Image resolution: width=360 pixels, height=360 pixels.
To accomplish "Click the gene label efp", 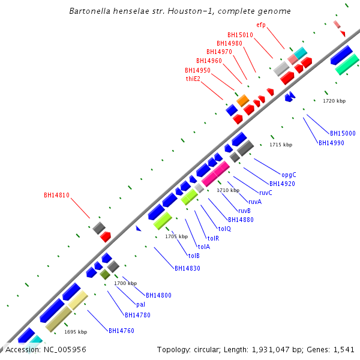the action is (260, 25).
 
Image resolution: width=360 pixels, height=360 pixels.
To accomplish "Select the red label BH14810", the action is (57, 195).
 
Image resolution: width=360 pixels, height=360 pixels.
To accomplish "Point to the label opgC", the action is (289, 175).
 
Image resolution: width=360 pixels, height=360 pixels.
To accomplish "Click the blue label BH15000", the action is (343, 133).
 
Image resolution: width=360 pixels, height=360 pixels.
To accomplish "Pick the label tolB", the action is (194, 256).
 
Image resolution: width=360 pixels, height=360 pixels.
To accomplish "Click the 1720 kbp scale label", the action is (334, 101).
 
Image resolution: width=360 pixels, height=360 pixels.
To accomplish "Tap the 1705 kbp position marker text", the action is (176, 236).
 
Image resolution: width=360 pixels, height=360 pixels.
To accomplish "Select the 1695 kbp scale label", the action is (76, 332).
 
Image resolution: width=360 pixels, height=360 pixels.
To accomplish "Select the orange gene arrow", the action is (242, 100).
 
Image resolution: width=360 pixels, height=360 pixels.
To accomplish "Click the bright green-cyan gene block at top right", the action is (347, 64).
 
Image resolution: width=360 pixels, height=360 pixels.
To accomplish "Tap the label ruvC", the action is (266, 193).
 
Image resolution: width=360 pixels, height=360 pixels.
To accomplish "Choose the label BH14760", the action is (121, 330).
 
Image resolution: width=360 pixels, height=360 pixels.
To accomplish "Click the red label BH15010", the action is (240, 35).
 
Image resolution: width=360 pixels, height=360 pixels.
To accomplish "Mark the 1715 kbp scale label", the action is (281, 145).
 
